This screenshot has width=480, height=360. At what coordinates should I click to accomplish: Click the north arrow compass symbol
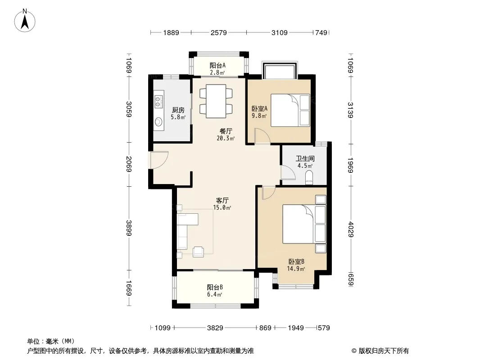(x=25, y=21)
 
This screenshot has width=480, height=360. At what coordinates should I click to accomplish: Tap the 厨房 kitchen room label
(x=178, y=110)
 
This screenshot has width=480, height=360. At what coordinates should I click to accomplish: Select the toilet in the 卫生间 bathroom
(x=309, y=178)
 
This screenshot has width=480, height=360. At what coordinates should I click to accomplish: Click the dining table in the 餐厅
(x=216, y=101)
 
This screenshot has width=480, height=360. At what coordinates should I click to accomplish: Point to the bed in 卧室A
(x=290, y=110)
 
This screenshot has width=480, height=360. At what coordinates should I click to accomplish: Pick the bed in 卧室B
(x=304, y=224)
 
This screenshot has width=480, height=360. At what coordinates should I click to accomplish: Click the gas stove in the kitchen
(x=158, y=102)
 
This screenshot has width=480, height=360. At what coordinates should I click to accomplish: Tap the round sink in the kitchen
(x=158, y=122)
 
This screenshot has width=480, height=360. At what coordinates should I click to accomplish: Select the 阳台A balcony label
(x=217, y=65)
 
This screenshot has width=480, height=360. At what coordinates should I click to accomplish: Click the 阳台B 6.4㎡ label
(x=215, y=291)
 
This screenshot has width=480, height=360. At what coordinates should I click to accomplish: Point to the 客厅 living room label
(x=222, y=201)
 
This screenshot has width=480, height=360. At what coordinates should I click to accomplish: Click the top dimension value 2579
(x=218, y=32)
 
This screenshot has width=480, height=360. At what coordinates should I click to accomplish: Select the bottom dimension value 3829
(x=215, y=328)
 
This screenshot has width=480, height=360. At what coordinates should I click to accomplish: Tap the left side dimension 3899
(x=129, y=228)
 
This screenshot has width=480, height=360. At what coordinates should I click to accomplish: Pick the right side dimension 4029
(x=351, y=229)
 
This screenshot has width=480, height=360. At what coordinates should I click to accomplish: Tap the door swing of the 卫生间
(x=288, y=172)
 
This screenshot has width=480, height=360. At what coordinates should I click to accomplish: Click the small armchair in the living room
(x=199, y=252)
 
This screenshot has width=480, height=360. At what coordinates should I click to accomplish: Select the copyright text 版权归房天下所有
(x=384, y=351)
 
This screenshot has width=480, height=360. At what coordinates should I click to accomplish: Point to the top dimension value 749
(x=322, y=32)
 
